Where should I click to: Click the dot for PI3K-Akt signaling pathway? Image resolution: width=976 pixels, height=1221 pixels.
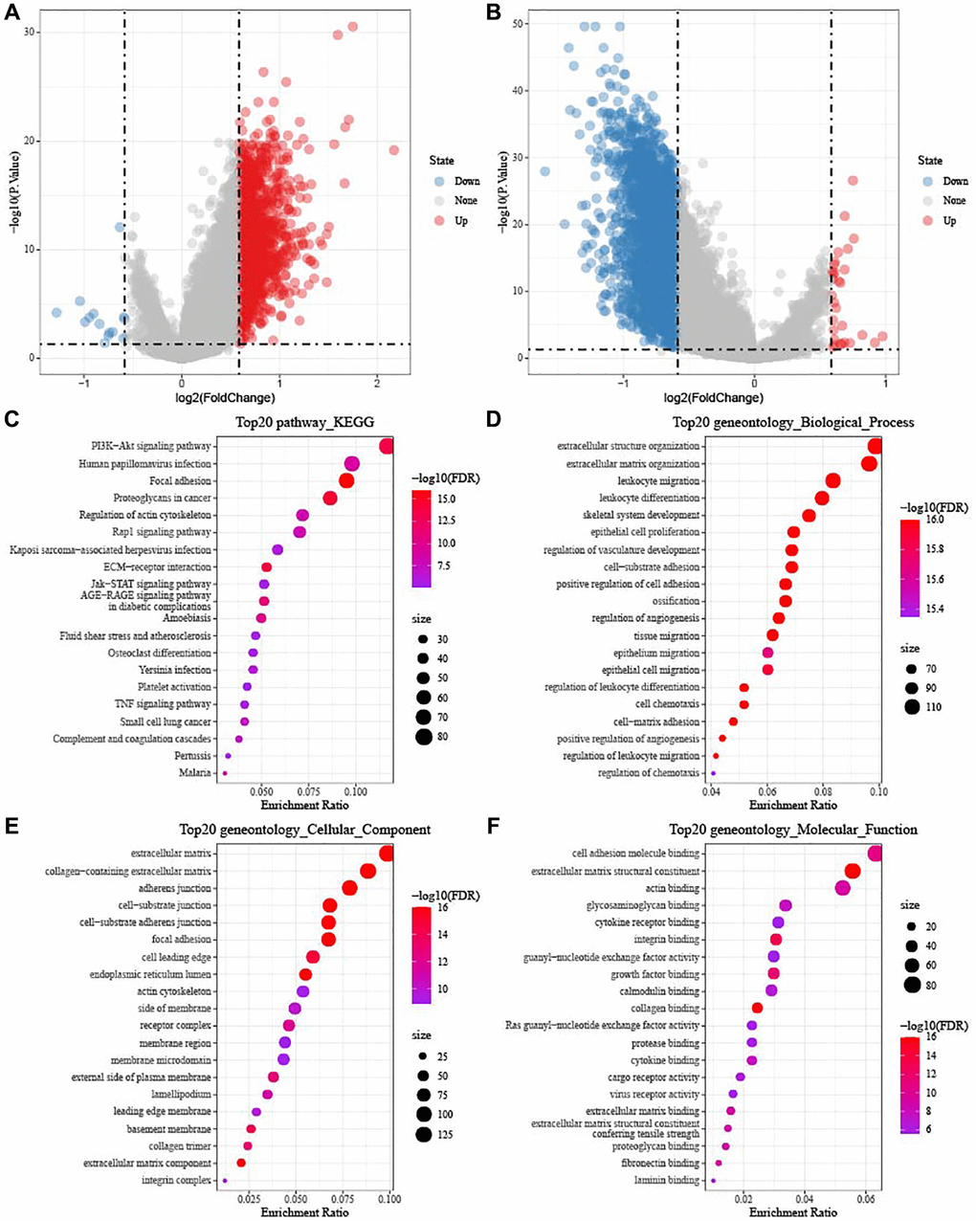pos(387,446)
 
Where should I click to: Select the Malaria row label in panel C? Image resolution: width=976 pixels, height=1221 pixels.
pos(194,773)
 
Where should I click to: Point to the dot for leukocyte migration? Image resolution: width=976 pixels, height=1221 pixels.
pos(832,480)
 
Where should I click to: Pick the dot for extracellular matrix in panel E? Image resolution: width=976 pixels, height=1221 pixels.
pos(387,854)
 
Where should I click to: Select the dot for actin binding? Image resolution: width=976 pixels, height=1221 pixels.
pos(842,888)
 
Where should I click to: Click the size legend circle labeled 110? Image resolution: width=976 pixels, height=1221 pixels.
pos(910,707)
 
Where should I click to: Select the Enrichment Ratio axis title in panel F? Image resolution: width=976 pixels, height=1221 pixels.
pos(790,1212)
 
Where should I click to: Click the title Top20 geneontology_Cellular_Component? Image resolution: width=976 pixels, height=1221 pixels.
pos(304,830)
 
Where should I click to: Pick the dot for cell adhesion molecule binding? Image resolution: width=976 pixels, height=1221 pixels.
pos(875,854)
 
